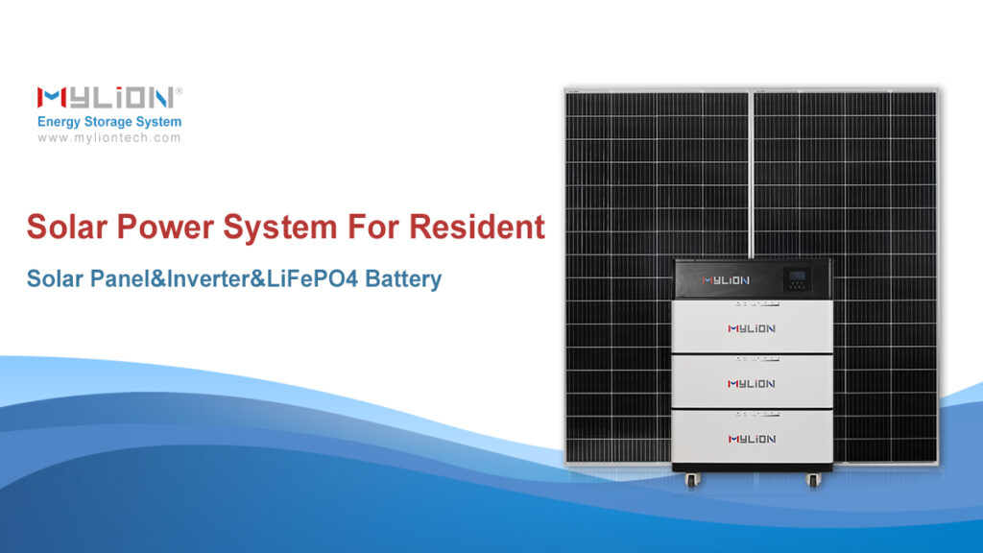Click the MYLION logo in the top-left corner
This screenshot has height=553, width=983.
pyautogui.click(x=105, y=97)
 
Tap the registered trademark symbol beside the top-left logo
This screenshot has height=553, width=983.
pyautogui.click(x=180, y=89)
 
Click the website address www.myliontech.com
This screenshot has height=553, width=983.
pyautogui.click(x=109, y=138)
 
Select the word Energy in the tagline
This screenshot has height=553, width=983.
pyautogui.click(x=62, y=123)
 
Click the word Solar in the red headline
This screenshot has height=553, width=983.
pyautogui.click(x=66, y=228)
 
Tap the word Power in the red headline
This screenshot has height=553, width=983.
pyautogui.click(x=164, y=228)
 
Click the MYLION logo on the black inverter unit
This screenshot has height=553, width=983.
pyautogui.click(x=725, y=280)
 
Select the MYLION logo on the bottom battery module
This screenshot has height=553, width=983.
pyautogui.click(x=751, y=439)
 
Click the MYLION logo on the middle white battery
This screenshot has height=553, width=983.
pyautogui.click(x=751, y=384)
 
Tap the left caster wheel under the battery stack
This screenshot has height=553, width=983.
pyautogui.click(x=689, y=479)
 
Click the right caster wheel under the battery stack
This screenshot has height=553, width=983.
pyautogui.click(x=814, y=479)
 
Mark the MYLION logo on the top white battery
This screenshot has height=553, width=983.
pyautogui.click(x=751, y=328)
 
